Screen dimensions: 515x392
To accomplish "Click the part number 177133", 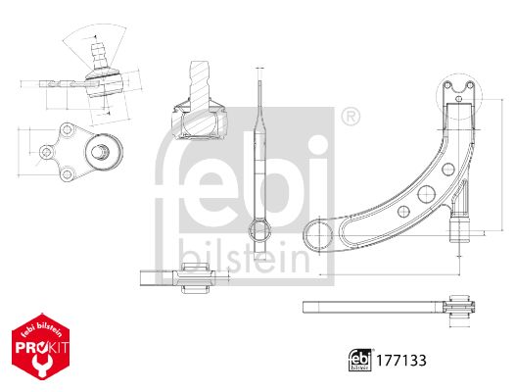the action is (401, 361).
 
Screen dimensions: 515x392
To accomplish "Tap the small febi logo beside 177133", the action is (360, 360).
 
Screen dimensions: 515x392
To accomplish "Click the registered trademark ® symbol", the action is (351, 116).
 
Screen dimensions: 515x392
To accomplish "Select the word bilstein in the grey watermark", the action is (244, 258).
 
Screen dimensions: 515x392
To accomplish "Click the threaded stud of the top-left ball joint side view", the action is (98, 54).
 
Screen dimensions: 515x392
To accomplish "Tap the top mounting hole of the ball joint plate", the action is (67, 129).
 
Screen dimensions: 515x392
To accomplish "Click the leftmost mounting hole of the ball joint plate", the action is (47, 152).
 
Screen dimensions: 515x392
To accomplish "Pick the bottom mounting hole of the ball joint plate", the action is (67, 173).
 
